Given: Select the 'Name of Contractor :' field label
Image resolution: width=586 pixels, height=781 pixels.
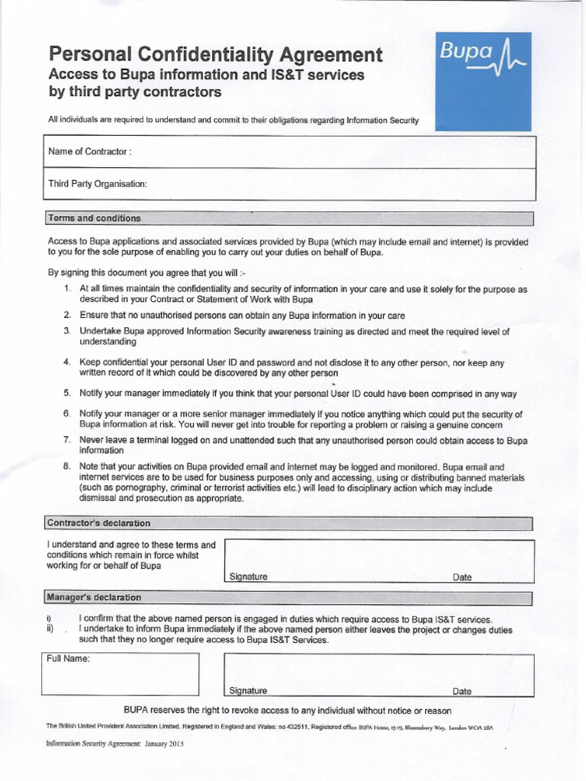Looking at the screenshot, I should pyautogui.click(x=90, y=152).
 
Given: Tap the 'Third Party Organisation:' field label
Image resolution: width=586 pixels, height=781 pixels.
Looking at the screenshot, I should pyautogui.click(x=97, y=184).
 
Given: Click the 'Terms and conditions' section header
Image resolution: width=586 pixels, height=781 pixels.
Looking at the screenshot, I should pyautogui.click(x=95, y=218).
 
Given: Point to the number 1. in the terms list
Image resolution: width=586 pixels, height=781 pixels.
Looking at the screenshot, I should pyautogui.click(x=67, y=290).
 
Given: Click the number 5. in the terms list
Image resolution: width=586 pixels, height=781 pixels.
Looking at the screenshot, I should pyautogui.click(x=67, y=394).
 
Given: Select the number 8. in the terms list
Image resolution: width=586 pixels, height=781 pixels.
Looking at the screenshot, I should pyautogui.click(x=67, y=466).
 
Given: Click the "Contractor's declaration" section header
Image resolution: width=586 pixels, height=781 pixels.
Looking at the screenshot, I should pyautogui.click(x=99, y=523).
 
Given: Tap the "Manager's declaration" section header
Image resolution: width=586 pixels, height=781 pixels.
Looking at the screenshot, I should pyautogui.click(x=94, y=597).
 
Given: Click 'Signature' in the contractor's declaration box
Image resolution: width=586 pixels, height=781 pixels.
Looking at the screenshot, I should pyautogui.click(x=248, y=577).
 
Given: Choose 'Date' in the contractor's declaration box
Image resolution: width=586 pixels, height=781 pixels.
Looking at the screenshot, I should pyautogui.click(x=462, y=577).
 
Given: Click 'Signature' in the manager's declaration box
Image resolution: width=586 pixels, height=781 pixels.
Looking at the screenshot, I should pyautogui.click(x=248, y=691).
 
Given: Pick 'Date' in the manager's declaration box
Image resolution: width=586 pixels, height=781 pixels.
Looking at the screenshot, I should pyautogui.click(x=462, y=692).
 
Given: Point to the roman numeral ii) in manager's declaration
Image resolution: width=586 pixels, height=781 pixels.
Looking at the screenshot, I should pyautogui.click(x=50, y=630).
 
